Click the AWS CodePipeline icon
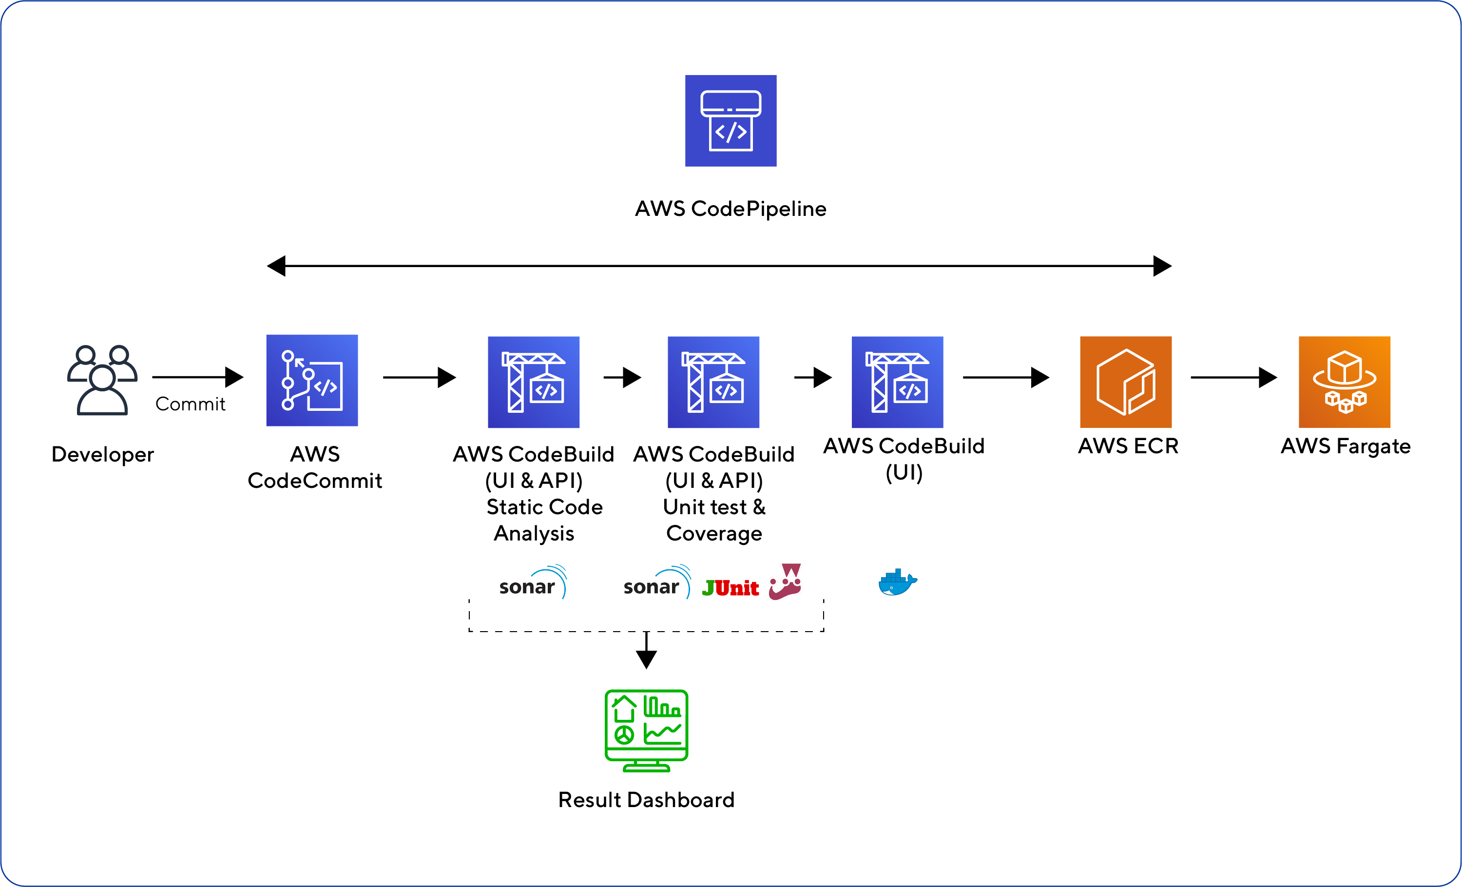[731, 120]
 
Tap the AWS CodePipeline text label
[731, 209]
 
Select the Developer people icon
[102, 380]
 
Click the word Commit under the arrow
[190, 404]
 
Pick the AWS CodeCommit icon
[312, 380]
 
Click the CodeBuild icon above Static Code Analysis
[534, 382]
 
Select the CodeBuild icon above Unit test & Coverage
[713, 382]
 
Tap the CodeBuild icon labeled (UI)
[897, 382]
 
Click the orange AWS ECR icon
[1126, 382]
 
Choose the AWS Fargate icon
[1345, 382]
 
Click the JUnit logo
[730, 588]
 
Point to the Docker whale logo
[898, 582]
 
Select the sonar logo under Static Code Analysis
[533, 582]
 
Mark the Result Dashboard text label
[646, 800]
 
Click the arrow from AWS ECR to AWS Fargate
[1233, 377]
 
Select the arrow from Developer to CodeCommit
[197, 377]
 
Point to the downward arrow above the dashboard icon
[646, 650]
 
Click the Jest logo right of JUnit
[785, 581]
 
